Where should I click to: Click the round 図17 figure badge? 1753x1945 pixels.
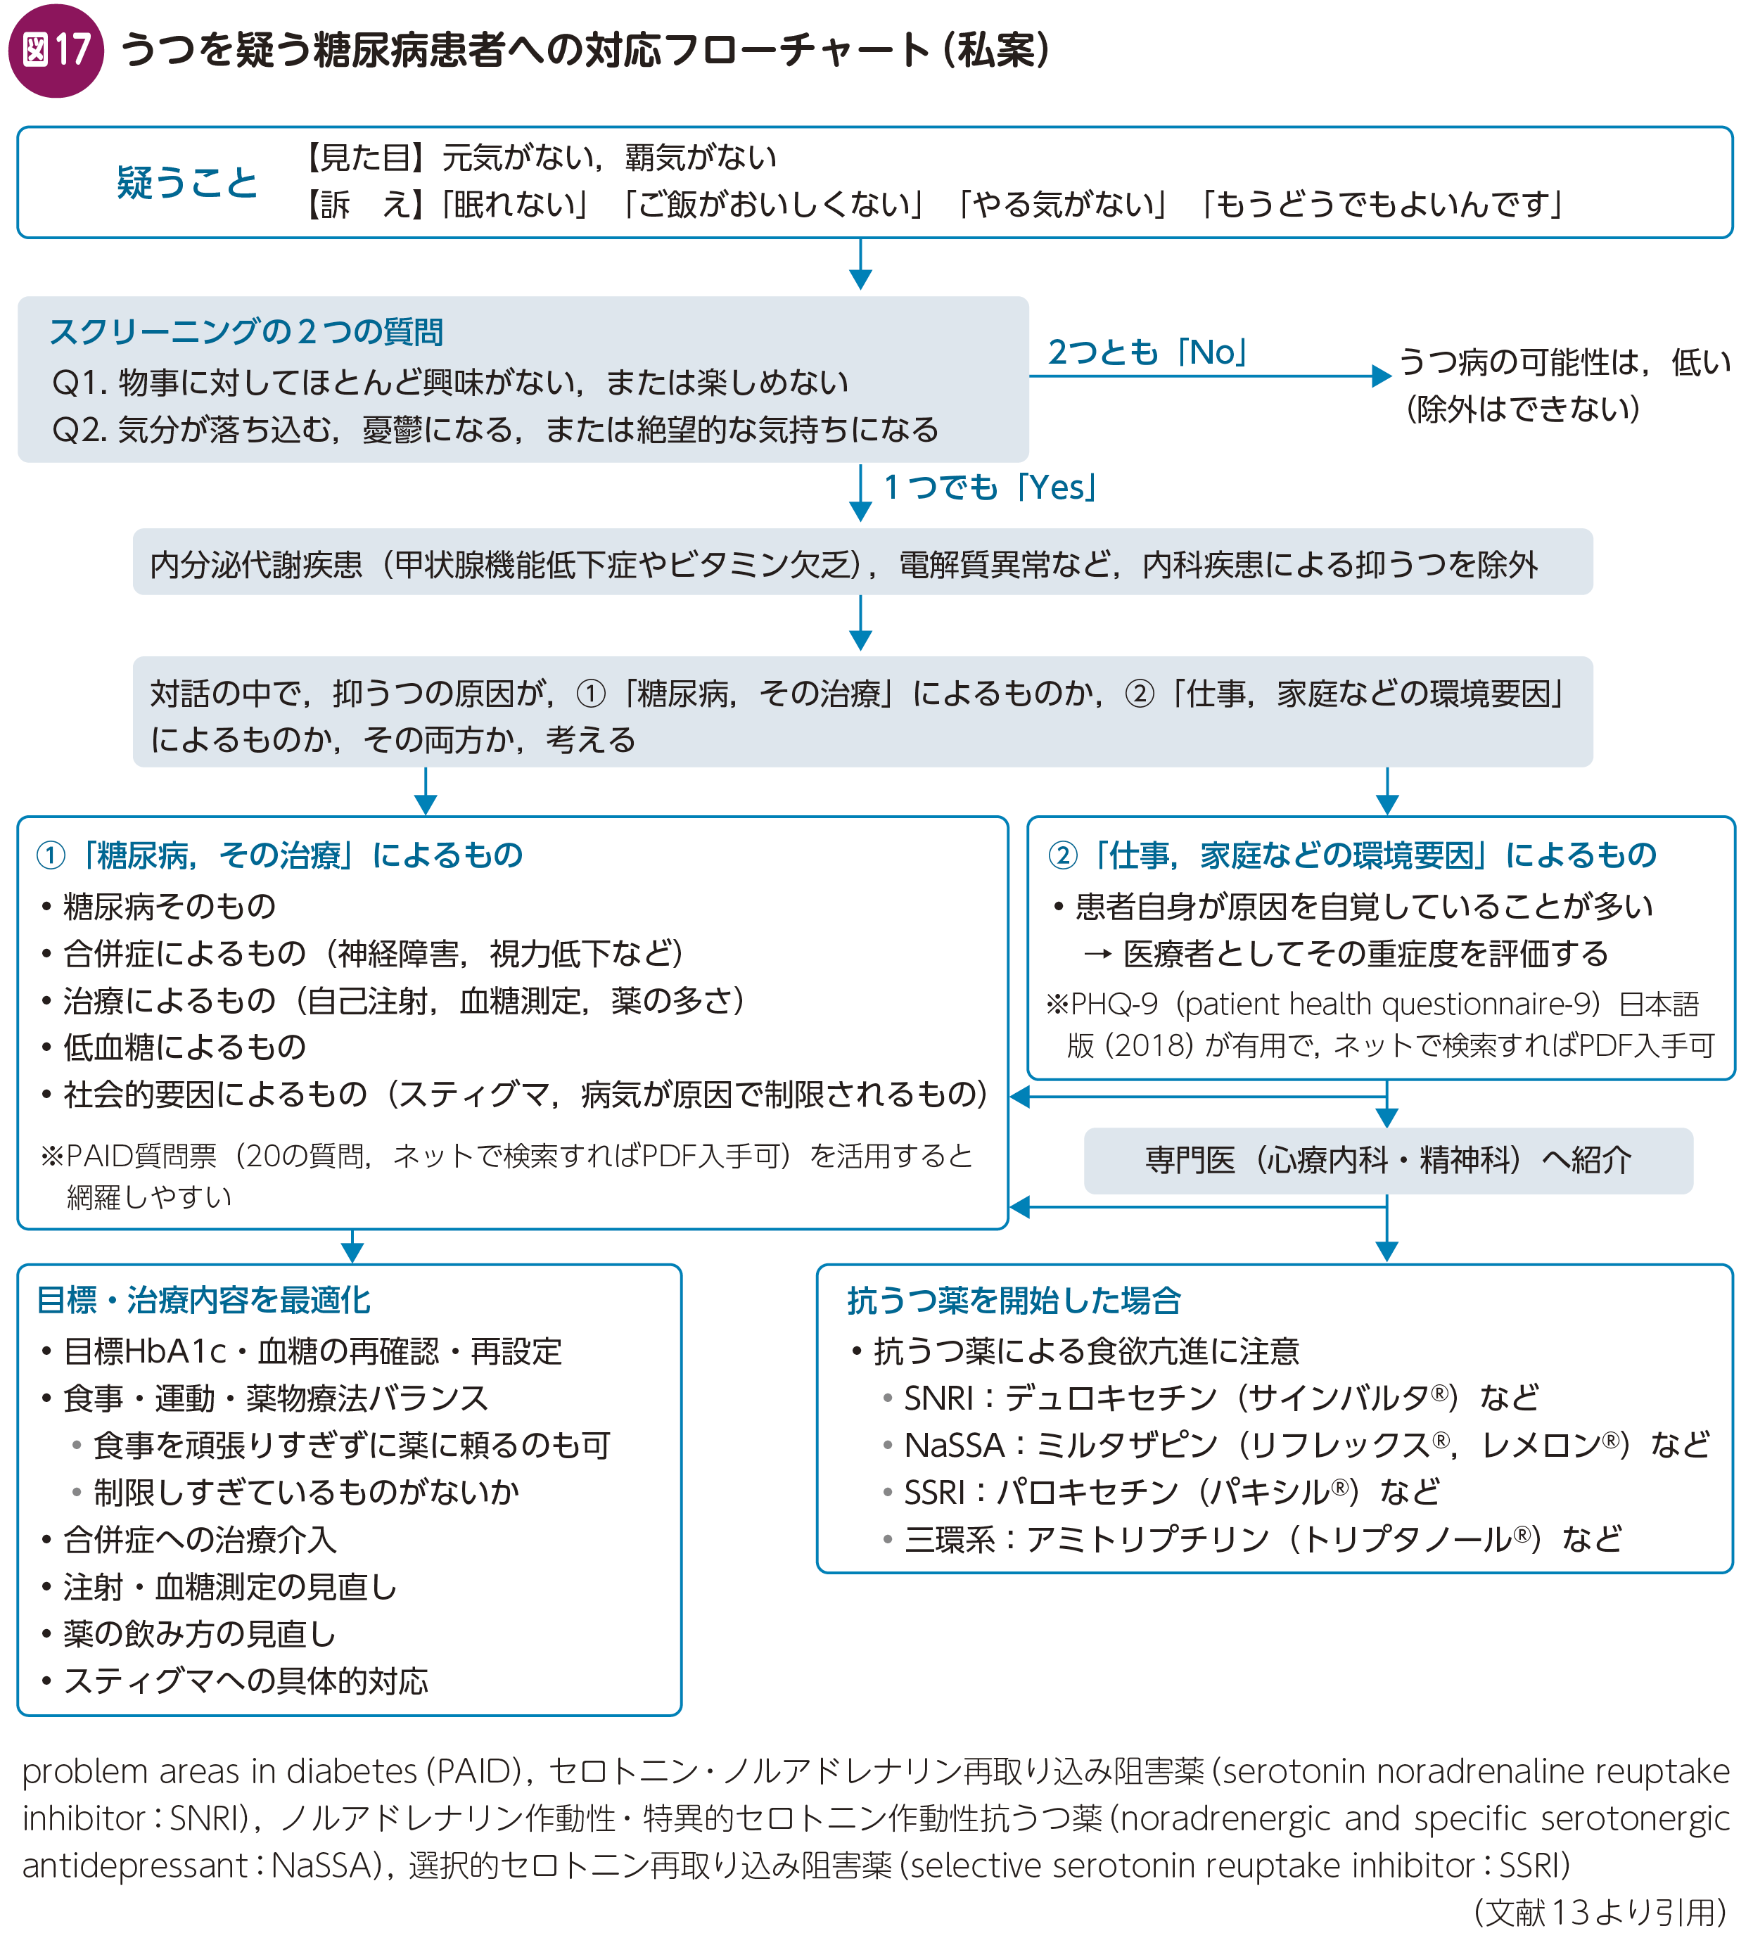(55, 50)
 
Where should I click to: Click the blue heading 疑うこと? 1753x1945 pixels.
(187, 182)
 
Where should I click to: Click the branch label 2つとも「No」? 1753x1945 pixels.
(1147, 352)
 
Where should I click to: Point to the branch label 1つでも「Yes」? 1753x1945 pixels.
(990, 487)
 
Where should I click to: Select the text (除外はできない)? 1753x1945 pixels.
(1523, 409)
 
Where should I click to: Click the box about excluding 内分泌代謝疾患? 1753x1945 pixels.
(862, 563)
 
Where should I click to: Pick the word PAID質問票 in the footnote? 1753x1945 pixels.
(141, 1155)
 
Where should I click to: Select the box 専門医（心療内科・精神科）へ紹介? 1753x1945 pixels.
(1387, 1160)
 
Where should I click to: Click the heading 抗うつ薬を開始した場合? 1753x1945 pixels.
(1013, 1301)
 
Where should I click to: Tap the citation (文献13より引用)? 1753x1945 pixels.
(1599, 1912)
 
